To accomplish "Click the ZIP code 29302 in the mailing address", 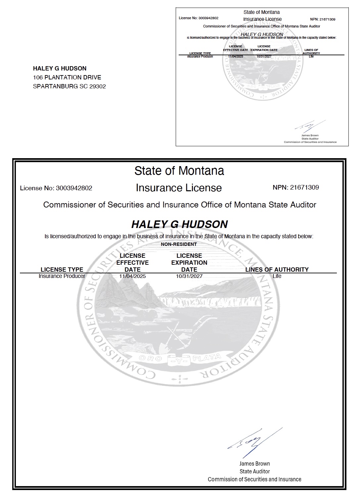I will pyautogui.click(x=98, y=86).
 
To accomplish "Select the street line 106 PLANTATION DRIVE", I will pyautogui.click(x=67, y=77).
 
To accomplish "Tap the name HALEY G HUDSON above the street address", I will pyautogui.click(x=60, y=68).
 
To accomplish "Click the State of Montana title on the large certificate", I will pyautogui.click(x=179, y=171).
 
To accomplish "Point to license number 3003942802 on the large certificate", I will pyautogui.click(x=74, y=188).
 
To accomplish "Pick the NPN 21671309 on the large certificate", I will pyautogui.click(x=304, y=187).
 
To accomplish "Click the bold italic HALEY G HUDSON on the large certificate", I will pyautogui.click(x=179, y=224).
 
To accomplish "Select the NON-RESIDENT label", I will pyautogui.click(x=179, y=244).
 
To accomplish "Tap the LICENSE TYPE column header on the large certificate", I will pyautogui.click(x=62, y=269).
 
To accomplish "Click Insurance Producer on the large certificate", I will pyautogui.click(x=62, y=276).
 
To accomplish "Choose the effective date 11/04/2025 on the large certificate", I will pyautogui.click(x=132, y=276).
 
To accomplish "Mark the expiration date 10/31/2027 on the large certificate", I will pyautogui.click(x=189, y=276).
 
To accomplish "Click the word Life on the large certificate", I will pyautogui.click(x=277, y=276).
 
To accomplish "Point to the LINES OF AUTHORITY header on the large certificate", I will pyautogui.click(x=277, y=269).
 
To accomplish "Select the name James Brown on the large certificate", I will pyautogui.click(x=254, y=464).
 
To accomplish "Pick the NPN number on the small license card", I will pyautogui.click(x=327, y=19).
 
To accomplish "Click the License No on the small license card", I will pyautogui.click(x=208, y=18).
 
